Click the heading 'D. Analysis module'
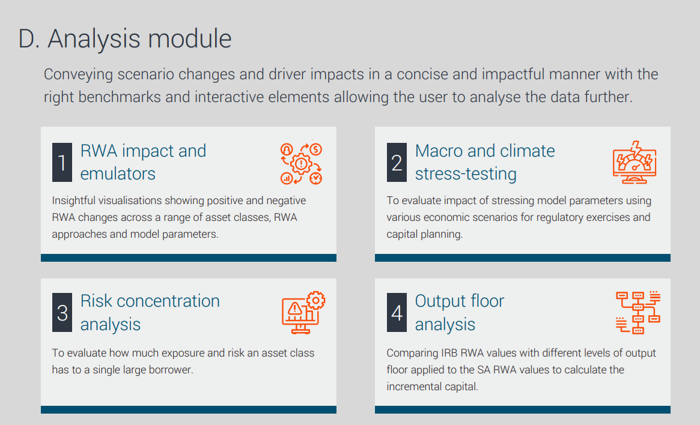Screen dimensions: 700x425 pyautogui.click(x=125, y=39)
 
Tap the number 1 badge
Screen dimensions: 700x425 pyautogui.click(x=62, y=162)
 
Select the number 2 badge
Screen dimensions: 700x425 pyautogui.click(x=397, y=162)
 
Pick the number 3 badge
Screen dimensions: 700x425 pyautogui.click(x=62, y=313)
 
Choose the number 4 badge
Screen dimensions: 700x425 pyautogui.click(x=397, y=313)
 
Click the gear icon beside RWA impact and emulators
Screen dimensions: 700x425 pyautogui.click(x=302, y=164)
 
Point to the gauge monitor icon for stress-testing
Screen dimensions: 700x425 pyautogui.click(x=635, y=162)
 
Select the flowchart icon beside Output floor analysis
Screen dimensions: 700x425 pyautogui.click(x=638, y=313)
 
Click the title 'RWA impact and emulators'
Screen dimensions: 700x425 pyautogui.click(x=143, y=162)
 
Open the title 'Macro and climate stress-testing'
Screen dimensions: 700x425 pyautogui.click(x=485, y=162)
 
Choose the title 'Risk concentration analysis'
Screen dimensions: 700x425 pyautogui.click(x=150, y=313)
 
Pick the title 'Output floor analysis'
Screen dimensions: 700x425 pyautogui.click(x=460, y=313)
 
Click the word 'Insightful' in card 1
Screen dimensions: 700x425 pyautogui.click(x=74, y=200)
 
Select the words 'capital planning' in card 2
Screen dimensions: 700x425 pyautogui.click(x=424, y=235)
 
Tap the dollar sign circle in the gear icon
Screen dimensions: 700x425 pyautogui.click(x=315, y=149)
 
